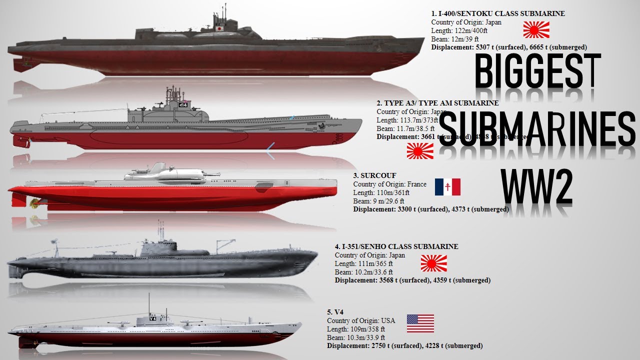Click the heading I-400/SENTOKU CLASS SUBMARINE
click(x=498, y=13)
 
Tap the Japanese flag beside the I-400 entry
click(x=536, y=30)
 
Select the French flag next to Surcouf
click(x=447, y=186)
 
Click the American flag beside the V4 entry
click(x=420, y=323)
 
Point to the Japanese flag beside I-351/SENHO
click(x=433, y=263)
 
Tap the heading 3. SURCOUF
click(x=374, y=175)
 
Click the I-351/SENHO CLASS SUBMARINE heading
click(x=396, y=246)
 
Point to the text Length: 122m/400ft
click(x=459, y=30)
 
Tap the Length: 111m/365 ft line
click(x=363, y=263)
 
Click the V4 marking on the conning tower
click(x=153, y=318)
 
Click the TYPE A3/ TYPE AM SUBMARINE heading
click(x=437, y=103)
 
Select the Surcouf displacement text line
click(x=431, y=209)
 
